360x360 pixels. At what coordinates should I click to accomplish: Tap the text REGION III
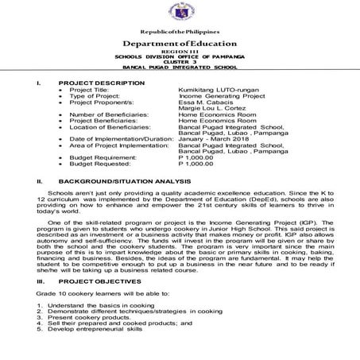(180, 52)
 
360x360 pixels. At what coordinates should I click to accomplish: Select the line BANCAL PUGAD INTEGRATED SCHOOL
(180, 69)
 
